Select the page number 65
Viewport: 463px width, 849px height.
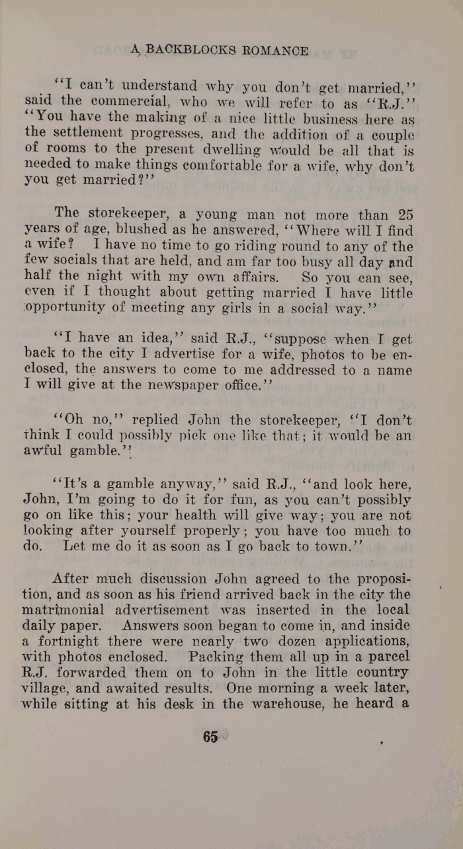pyautogui.click(x=211, y=737)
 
